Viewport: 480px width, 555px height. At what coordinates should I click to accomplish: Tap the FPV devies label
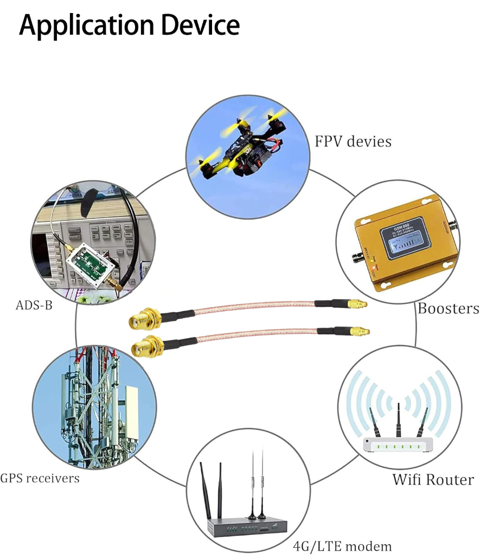pyautogui.click(x=353, y=141)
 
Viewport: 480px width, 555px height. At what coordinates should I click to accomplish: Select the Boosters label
pyautogui.click(x=448, y=308)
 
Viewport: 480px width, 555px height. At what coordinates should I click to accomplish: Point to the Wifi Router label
pyautogui.click(x=433, y=479)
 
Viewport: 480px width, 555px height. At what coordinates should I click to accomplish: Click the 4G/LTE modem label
pyautogui.click(x=342, y=545)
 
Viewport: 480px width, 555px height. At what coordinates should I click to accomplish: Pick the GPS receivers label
pyautogui.click(x=40, y=478)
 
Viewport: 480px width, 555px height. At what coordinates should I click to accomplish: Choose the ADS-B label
pyautogui.click(x=34, y=305)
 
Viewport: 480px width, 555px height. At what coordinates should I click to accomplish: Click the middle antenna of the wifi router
pyautogui.click(x=399, y=420)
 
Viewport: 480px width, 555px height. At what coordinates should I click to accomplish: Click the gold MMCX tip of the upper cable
pyautogui.click(x=358, y=305)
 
